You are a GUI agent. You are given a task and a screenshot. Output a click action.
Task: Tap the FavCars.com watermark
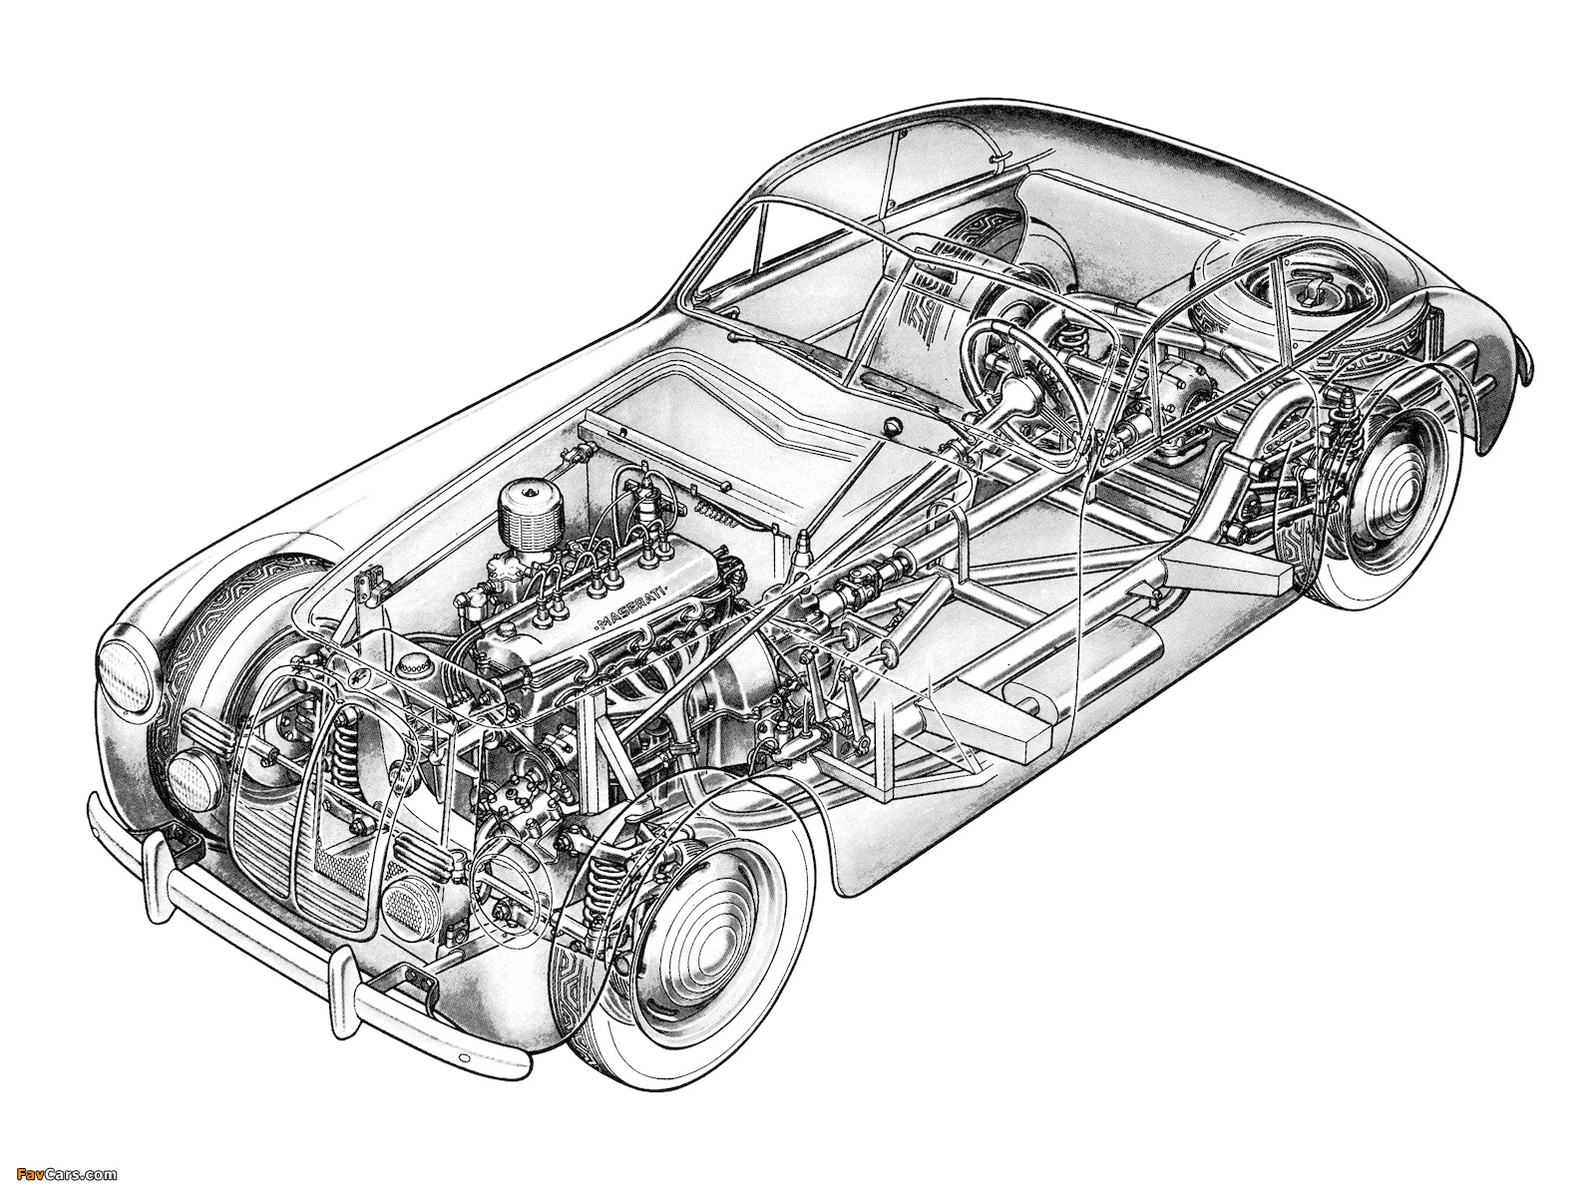[59, 1175]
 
